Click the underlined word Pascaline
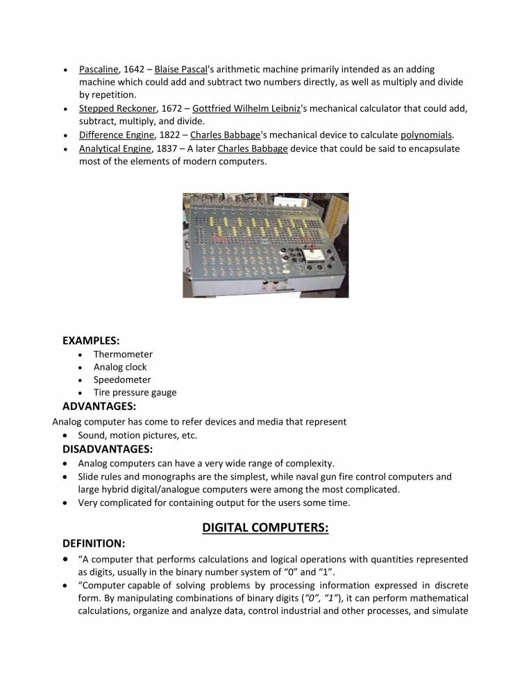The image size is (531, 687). pyautogui.click(x=99, y=70)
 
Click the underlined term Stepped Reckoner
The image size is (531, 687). pyautogui.click(x=117, y=109)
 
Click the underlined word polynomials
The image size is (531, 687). pyautogui.click(x=426, y=135)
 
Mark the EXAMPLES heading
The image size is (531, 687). pyautogui.click(x=91, y=341)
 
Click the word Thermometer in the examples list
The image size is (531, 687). pyautogui.click(x=123, y=355)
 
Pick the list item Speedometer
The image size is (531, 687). pyautogui.click(x=122, y=380)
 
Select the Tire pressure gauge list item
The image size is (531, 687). pyautogui.click(x=135, y=393)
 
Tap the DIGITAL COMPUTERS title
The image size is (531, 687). pyautogui.click(x=265, y=527)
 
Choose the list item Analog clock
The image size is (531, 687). pyautogui.click(x=120, y=367)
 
